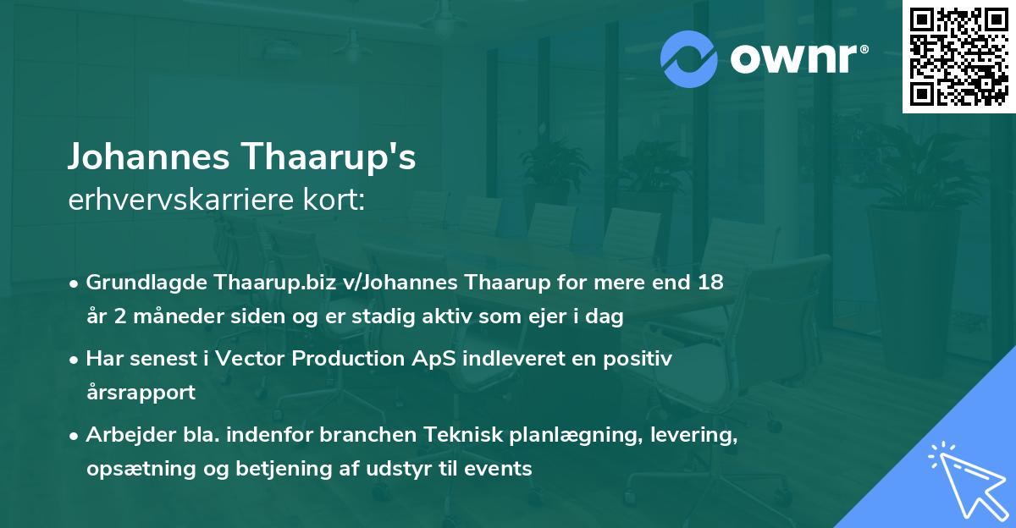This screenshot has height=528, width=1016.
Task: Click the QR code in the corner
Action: pyautogui.click(x=958, y=57)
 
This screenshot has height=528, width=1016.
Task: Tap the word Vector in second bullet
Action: pyautogui.click(x=245, y=359)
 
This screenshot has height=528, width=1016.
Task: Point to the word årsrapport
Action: pyautogui.click(x=141, y=393)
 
